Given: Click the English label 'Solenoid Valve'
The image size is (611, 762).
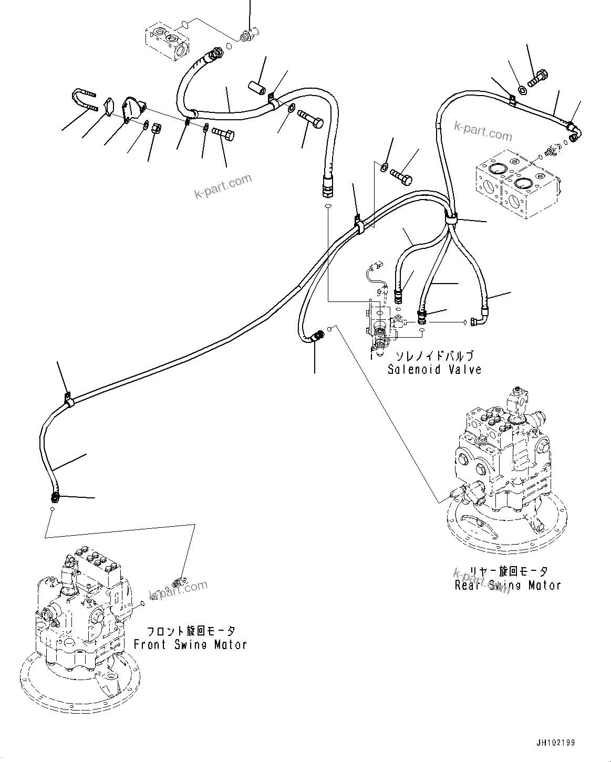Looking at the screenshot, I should click(434, 369).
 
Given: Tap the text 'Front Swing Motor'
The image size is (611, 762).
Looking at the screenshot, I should click(190, 644).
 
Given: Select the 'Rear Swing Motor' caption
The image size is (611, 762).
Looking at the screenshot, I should click(508, 584).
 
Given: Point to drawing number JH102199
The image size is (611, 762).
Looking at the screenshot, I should click(555, 743).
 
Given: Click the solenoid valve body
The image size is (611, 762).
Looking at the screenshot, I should click(379, 328).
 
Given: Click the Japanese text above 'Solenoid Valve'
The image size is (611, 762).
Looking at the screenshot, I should click(434, 356).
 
